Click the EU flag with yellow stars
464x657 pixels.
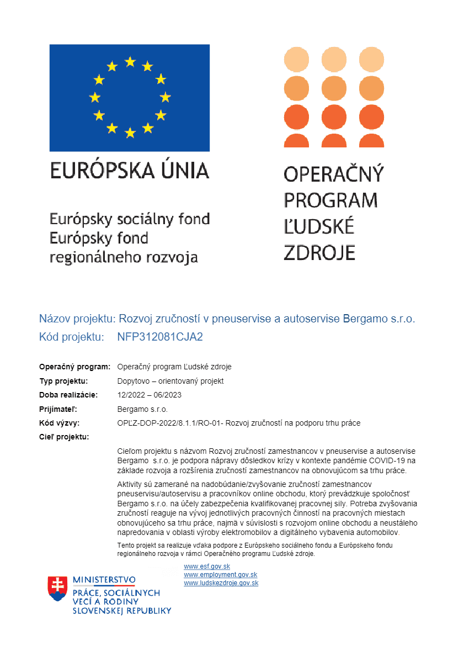point(130,98)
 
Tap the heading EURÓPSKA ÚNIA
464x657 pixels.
point(130,171)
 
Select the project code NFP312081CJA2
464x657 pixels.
point(160,337)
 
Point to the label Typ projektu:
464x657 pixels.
point(63,381)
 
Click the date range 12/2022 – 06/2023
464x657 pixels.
point(150,395)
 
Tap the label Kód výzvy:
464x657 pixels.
point(60,423)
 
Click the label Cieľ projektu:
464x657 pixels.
point(64,437)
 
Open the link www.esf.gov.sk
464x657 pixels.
point(207,567)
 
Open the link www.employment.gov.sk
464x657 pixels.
point(220,575)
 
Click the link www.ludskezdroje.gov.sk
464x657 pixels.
point(221,583)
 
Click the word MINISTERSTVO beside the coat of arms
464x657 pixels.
point(104,580)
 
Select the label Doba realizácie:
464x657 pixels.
point(68,395)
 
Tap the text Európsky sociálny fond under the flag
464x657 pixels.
point(130,219)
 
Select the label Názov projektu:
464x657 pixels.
point(76,319)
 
